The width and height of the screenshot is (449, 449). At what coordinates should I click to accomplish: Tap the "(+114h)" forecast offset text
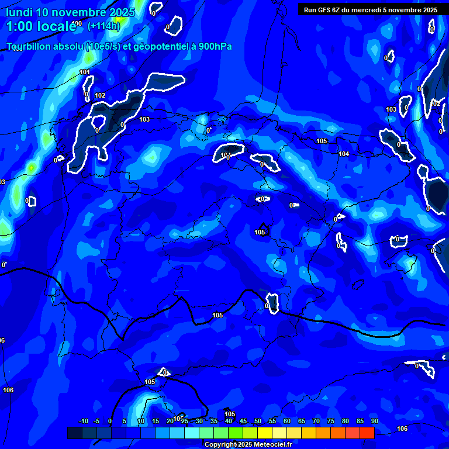[x=103, y=26]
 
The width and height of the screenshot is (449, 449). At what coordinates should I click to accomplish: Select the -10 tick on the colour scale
[x=83, y=422]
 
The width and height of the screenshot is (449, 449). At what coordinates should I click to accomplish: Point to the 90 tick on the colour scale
[x=374, y=422]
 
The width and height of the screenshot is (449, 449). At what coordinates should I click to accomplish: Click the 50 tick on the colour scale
[x=257, y=422]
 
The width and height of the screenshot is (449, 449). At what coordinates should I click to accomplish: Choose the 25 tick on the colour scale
[x=184, y=422]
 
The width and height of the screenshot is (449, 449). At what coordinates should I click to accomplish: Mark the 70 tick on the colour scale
[x=316, y=422]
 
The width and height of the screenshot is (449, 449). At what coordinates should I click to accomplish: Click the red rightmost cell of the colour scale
[x=367, y=433]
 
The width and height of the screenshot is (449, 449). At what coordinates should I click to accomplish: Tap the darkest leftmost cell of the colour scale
[x=75, y=433]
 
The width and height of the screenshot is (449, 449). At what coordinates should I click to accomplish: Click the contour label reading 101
[x=85, y=72]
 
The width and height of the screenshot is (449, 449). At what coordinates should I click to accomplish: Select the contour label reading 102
[x=100, y=96]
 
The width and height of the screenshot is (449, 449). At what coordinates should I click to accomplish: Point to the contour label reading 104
[x=344, y=154]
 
